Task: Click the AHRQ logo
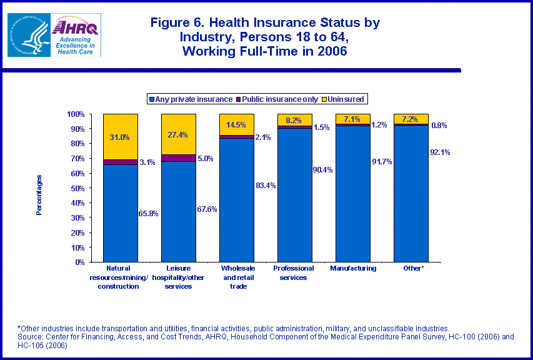[76, 35]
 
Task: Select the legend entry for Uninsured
[342, 99]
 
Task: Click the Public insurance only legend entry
[277, 99]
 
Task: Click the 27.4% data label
[178, 135]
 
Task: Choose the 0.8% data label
[439, 126]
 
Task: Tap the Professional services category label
[294, 272]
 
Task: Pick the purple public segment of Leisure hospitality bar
[178, 157]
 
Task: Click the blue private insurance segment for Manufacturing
[352, 194]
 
